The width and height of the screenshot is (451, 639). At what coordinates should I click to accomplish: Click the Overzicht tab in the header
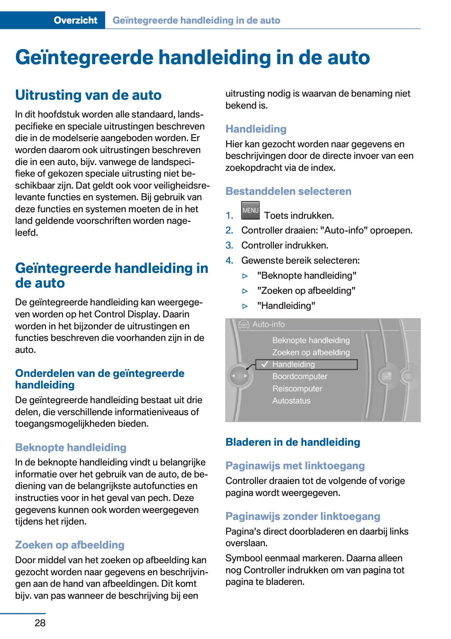pyautogui.click(x=75, y=20)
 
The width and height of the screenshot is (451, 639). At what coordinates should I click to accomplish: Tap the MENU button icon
pyautogui.click(x=250, y=210)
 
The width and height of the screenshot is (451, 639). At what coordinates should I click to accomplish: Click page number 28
pyautogui.click(x=40, y=622)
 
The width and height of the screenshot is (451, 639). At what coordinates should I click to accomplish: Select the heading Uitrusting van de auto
pyautogui.click(x=88, y=95)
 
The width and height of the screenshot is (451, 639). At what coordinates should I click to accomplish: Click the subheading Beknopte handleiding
pyautogui.click(x=71, y=447)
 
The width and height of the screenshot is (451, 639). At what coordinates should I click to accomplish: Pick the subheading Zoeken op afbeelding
pyautogui.click(x=70, y=545)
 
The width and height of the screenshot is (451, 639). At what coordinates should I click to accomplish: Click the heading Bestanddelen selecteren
pyautogui.click(x=288, y=191)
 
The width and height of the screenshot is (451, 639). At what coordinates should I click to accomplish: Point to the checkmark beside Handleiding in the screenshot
pyautogui.click(x=265, y=364)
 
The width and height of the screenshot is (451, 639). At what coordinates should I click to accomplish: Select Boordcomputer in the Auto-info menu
pyautogui.click(x=300, y=376)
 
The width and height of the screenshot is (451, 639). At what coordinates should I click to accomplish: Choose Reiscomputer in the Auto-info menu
pyautogui.click(x=297, y=389)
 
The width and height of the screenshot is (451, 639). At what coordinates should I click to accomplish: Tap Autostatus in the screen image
pyautogui.click(x=291, y=400)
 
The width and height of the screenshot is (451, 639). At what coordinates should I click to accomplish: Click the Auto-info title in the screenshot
pyautogui.click(x=268, y=324)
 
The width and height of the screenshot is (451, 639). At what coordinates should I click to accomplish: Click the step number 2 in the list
pyautogui.click(x=229, y=230)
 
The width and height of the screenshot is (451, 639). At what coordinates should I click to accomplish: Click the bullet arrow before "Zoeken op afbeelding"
pyautogui.click(x=245, y=291)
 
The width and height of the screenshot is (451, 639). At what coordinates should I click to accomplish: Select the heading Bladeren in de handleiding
pyautogui.click(x=293, y=442)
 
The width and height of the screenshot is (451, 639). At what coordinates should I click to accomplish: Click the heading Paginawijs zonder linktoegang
pyautogui.click(x=303, y=516)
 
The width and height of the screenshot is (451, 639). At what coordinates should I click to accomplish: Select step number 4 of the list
pyautogui.click(x=229, y=261)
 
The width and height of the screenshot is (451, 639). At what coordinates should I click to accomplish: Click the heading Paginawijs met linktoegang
pyautogui.click(x=295, y=465)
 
